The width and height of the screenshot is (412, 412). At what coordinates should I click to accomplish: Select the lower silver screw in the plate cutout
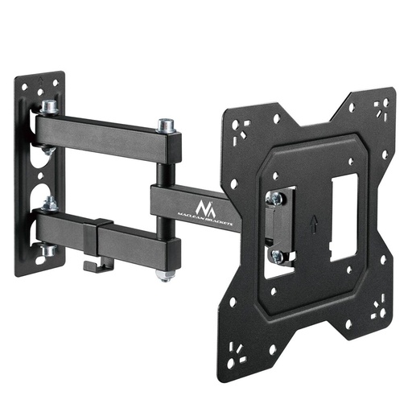[278, 255]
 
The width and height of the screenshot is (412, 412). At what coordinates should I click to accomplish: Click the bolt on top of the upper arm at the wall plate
[48, 106]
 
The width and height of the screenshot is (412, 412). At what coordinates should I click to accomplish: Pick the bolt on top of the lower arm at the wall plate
[50, 205]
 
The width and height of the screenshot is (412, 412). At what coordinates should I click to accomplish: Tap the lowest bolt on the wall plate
[49, 250]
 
